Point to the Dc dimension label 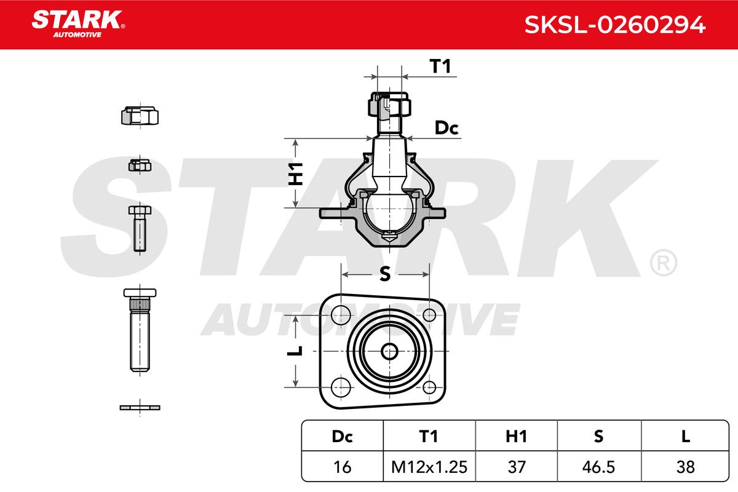point(447,128)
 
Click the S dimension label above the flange point(385,275)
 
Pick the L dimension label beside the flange point(296,351)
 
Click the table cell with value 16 point(342,467)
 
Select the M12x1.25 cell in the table point(428,467)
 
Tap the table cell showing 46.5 point(598,467)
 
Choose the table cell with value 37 point(515,467)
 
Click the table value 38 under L point(685,467)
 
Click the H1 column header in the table point(515,436)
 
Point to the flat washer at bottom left point(140,407)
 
